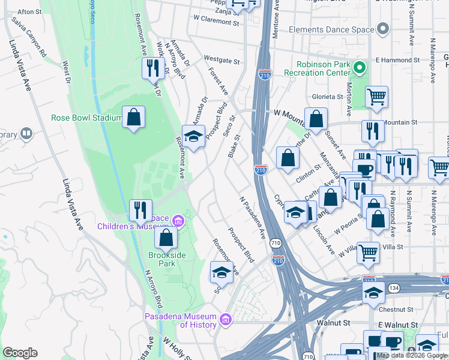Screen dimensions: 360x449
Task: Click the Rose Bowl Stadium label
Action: tap(86, 118)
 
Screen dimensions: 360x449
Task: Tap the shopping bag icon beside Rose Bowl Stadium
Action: tap(133, 118)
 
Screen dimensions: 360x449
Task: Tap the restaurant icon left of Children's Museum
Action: tap(140, 210)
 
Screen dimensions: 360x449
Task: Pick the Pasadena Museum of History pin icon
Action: tap(226, 317)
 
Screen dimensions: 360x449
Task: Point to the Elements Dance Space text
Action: tap(331, 29)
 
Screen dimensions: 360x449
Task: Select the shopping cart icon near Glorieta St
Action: tap(376, 96)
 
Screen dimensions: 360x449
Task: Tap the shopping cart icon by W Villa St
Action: tap(368, 252)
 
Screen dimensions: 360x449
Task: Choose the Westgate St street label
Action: tap(221, 61)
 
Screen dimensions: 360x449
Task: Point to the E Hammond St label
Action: tap(397, 61)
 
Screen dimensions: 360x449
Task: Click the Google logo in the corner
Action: tap(20, 353)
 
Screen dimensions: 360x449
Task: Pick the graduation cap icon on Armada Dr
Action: tap(193, 137)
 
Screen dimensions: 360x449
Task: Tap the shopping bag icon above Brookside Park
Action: tap(166, 238)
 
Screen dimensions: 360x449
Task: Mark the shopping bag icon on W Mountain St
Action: tap(316, 119)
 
